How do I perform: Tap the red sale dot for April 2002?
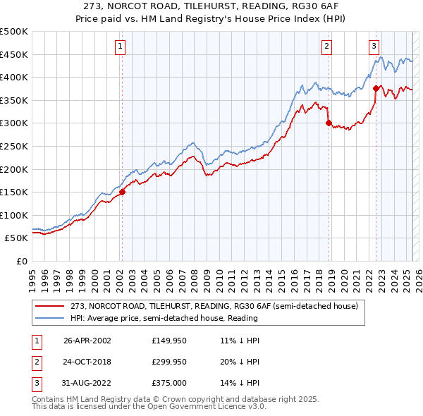coord(122,191)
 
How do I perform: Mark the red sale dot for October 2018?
coord(329,123)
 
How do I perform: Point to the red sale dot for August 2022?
coord(376,89)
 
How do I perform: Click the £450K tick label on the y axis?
coord(15,54)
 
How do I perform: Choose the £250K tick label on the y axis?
coord(15,146)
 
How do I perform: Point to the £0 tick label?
coord(22,261)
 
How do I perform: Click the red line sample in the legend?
coord(49,306)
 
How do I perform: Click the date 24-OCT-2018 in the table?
coord(87,362)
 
